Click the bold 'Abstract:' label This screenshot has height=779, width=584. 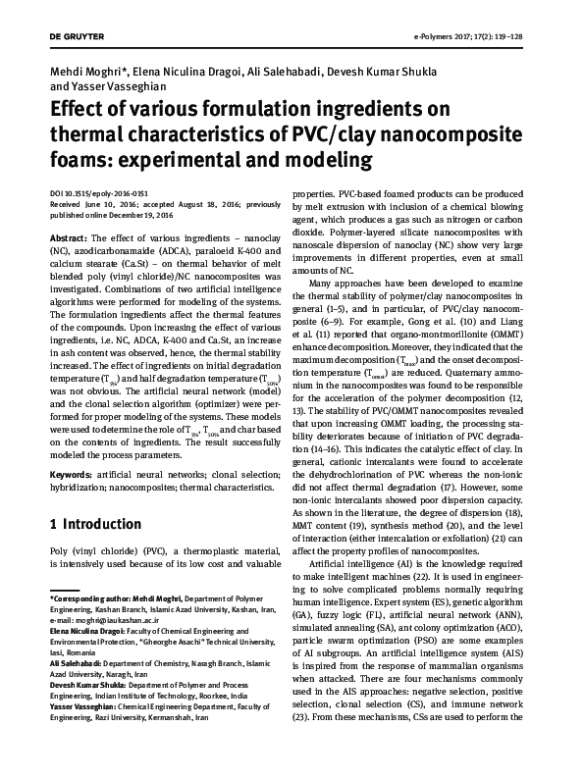click(68, 237)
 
